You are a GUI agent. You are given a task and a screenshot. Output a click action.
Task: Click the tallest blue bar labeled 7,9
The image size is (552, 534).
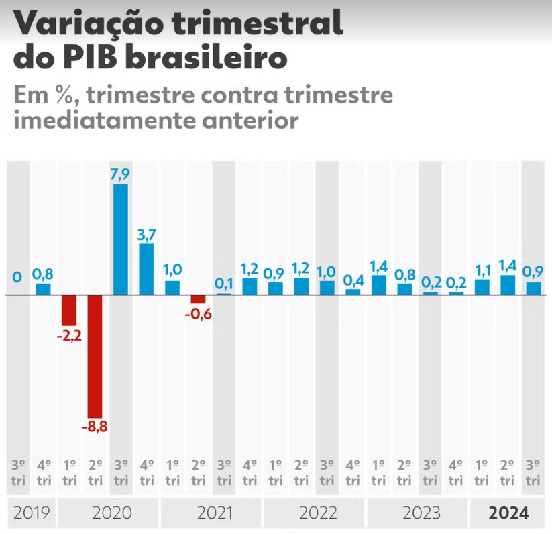pyautogui.click(x=121, y=239)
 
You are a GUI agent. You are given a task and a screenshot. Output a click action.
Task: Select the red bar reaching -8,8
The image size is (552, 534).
pyautogui.click(x=95, y=356)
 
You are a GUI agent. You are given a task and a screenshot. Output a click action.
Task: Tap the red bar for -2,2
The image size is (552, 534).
pyautogui.click(x=69, y=311)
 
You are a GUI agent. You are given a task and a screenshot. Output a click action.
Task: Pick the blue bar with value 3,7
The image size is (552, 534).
pyautogui.click(x=147, y=269)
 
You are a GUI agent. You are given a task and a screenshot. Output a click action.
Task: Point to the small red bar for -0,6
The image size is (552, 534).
pyautogui.click(x=199, y=299)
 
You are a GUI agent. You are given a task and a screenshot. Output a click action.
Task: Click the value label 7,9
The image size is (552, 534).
pyautogui.click(x=121, y=174)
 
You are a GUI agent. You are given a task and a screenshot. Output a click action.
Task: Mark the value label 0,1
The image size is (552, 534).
pyautogui.click(x=225, y=284)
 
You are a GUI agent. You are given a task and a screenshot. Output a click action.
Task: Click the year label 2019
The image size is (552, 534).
pyautogui.click(x=32, y=514)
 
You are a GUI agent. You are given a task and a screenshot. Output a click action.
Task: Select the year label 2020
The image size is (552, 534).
pyautogui.click(x=112, y=514)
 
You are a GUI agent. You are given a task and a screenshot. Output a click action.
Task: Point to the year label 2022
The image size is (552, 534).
pyautogui.click(x=319, y=514)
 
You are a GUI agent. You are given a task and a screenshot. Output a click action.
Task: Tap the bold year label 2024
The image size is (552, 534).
pyautogui.click(x=508, y=514)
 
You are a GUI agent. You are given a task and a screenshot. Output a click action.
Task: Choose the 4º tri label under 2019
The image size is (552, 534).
pyautogui.click(x=43, y=473)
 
